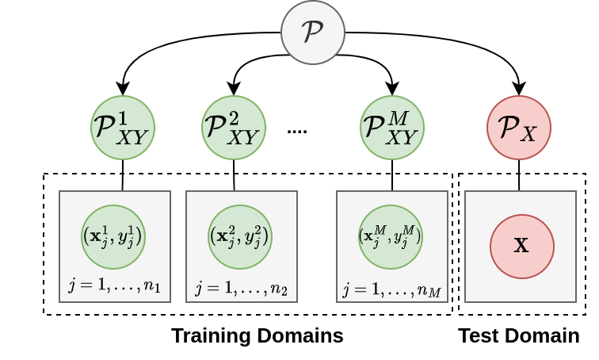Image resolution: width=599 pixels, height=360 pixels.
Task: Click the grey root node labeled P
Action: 313,33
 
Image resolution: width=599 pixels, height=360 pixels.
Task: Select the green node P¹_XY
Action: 123,128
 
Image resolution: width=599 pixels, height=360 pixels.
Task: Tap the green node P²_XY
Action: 234,128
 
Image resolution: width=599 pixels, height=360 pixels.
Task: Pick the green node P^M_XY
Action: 392,128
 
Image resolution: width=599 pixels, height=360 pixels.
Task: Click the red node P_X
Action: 519,128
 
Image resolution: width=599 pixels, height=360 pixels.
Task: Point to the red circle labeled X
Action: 521,246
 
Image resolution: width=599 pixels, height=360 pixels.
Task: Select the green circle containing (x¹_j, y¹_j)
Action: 113,236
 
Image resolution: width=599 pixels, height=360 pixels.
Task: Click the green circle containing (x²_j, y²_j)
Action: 240,236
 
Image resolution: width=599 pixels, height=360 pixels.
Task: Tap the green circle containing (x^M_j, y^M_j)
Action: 391,236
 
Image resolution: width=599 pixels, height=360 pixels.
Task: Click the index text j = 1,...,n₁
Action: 114,285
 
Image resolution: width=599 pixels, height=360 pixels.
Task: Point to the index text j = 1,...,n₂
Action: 241,287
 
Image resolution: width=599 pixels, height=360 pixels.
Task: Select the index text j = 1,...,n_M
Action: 391,289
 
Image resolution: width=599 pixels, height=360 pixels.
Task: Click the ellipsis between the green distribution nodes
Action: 297,130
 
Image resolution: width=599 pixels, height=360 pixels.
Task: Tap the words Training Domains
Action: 257,335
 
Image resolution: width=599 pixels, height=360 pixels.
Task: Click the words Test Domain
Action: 518,335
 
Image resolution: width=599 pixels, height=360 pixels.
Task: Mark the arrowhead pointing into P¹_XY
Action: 123,90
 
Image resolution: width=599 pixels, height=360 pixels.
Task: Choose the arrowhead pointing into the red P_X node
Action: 519,90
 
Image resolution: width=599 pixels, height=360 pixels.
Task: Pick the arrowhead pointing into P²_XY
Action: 234,90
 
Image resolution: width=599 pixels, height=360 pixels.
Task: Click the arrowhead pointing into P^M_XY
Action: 392,90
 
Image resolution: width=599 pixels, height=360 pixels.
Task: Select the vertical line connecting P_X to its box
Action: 519,175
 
